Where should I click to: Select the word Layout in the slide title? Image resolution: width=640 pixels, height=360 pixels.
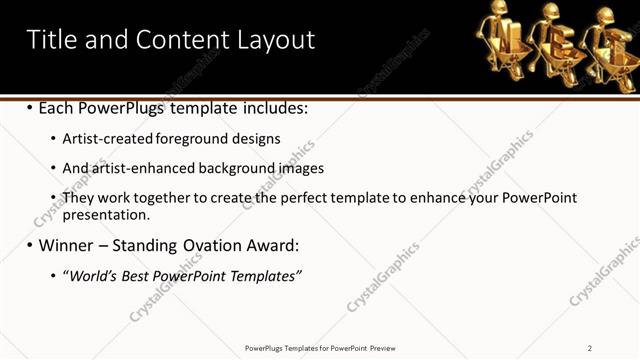(276, 40)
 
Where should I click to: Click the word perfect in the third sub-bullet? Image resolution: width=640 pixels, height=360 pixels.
(310, 198)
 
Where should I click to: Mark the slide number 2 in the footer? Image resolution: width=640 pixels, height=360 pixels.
(589, 348)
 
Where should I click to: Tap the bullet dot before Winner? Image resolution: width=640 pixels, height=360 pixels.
(29, 245)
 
